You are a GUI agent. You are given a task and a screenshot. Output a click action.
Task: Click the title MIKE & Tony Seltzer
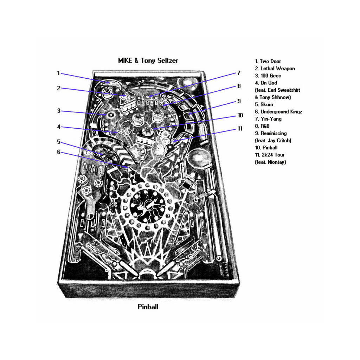tap(148, 60)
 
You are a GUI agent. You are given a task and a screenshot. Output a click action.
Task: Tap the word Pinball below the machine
tap(148, 307)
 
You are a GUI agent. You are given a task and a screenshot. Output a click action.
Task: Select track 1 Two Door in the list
tap(268, 61)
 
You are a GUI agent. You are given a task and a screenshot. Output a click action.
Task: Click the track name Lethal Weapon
tap(278, 69)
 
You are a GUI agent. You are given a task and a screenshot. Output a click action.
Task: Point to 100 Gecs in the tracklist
tap(270, 76)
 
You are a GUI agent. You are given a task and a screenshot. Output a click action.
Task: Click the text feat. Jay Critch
tap(273, 141)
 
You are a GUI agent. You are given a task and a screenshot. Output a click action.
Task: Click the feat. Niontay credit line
tap(270, 162)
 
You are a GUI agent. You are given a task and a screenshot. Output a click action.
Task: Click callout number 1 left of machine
tap(58, 73)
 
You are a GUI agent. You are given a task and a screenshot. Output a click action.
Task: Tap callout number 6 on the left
tap(59, 152)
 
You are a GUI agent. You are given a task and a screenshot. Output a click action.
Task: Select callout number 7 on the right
tap(239, 73)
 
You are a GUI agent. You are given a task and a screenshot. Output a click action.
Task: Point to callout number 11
tap(240, 129)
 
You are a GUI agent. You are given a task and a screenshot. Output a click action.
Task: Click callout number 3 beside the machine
tap(59, 111)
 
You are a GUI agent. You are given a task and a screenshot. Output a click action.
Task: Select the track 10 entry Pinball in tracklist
tap(266, 148)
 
